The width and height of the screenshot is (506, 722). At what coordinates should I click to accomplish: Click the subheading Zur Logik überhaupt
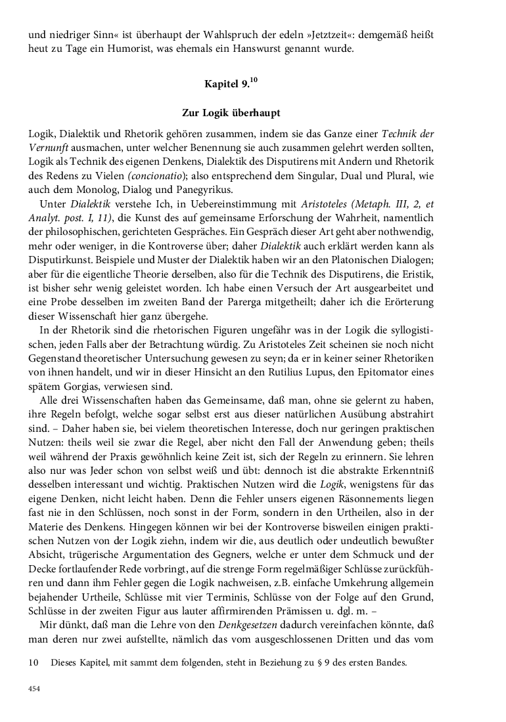pos(231,113)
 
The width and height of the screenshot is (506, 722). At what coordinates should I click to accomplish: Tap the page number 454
pos(34,689)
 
